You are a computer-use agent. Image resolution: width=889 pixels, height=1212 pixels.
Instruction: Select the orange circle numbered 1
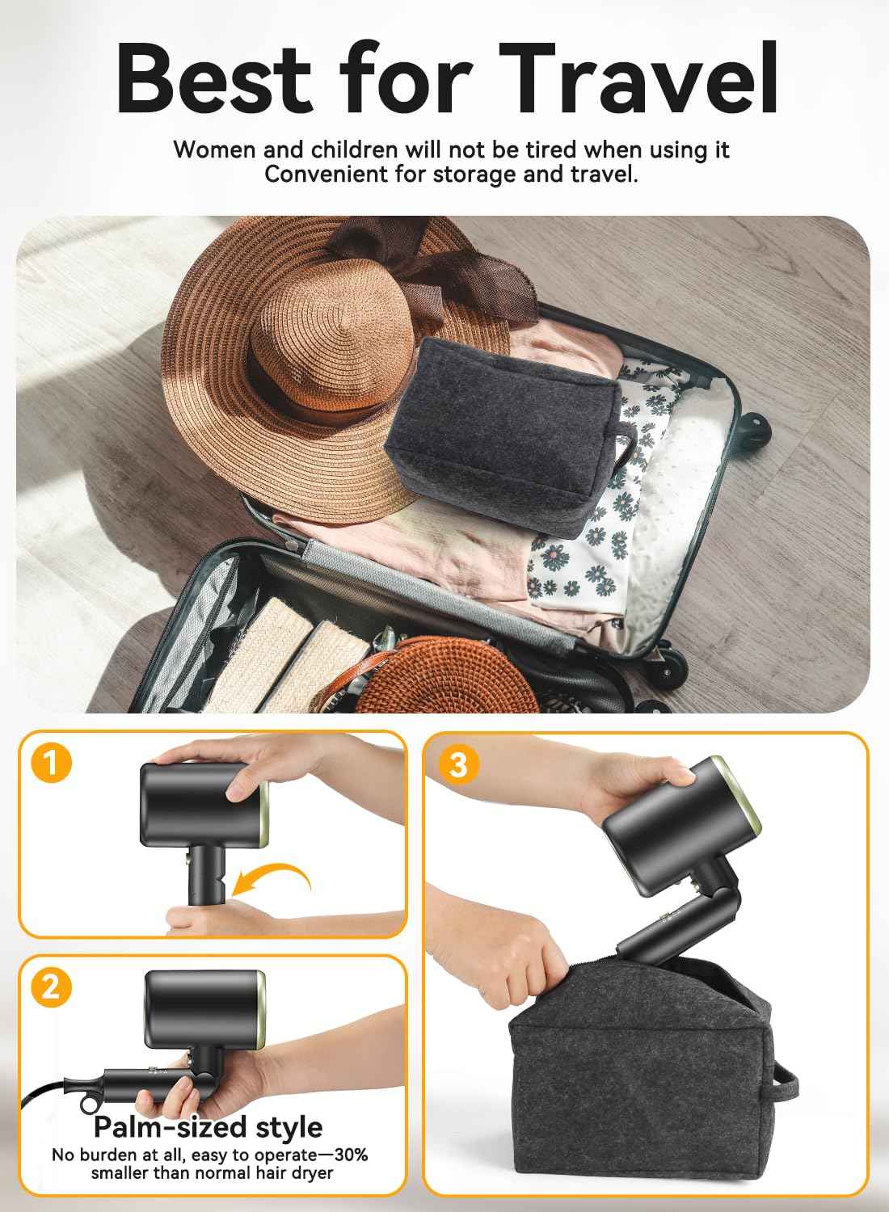(52, 764)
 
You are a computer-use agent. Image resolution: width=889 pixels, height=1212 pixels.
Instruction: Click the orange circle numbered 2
(51, 987)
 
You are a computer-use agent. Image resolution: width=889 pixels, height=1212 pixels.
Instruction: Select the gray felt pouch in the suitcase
(501, 420)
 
